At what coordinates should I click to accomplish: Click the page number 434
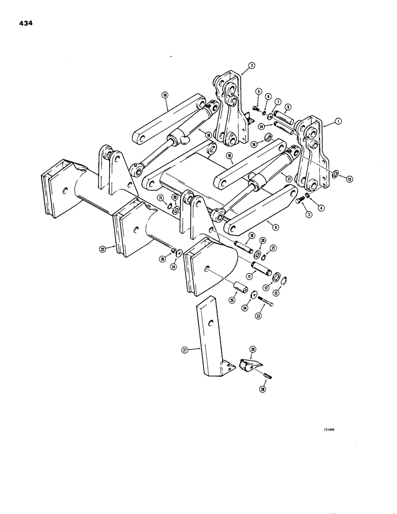click(x=24, y=23)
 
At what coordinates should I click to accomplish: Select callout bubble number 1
click(x=338, y=122)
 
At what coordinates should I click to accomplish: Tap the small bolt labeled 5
click(x=255, y=108)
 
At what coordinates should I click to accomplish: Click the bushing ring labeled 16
click(x=268, y=138)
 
